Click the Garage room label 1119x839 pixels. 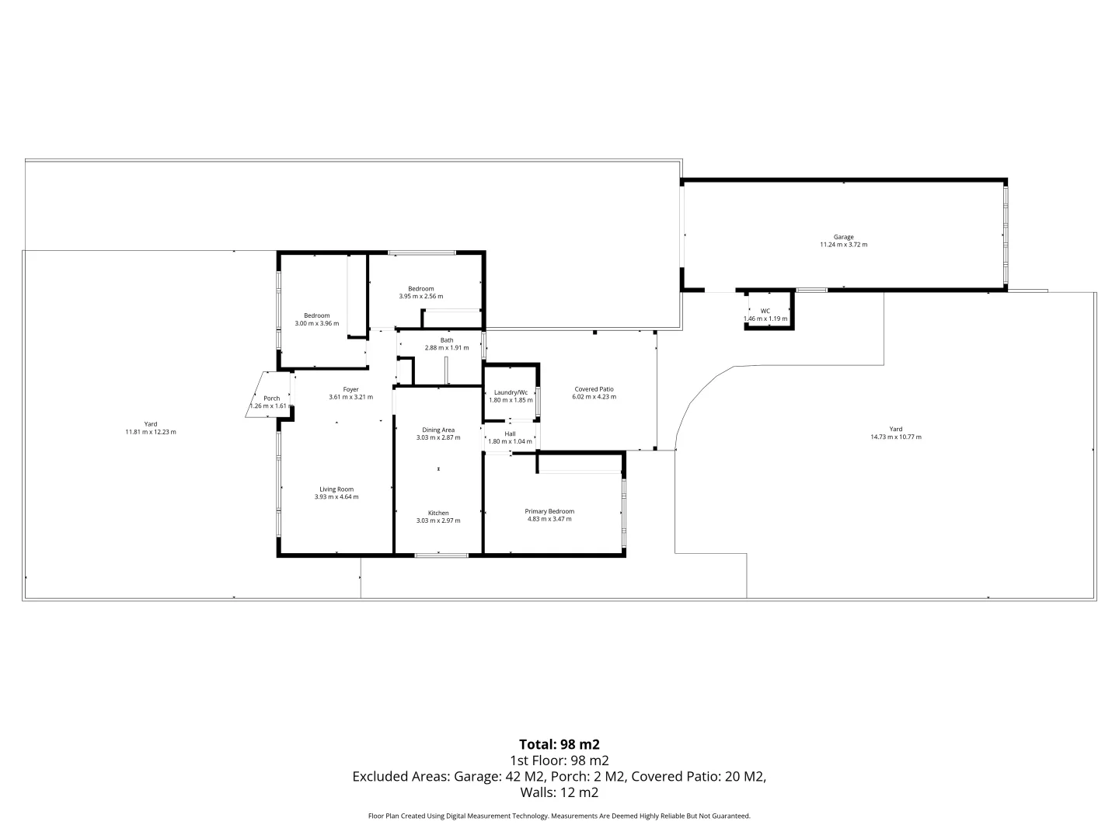[843, 237]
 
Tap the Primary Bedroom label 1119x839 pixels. [549, 511]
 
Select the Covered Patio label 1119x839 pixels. [594, 389]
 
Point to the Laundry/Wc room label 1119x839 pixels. [511, 392]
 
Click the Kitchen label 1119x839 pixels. [438, 513]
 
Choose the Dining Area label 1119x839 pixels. [438, 430]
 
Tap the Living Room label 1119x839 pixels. [336, 489]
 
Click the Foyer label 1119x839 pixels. [350, 389]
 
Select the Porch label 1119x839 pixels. [271, 399]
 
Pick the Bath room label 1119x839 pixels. [447, 340]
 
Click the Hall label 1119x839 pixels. [510, 433]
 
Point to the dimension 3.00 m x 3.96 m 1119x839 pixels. [316, 323]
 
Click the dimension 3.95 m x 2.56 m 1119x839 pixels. [420, 296]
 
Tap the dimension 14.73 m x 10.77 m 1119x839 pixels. [896, 437]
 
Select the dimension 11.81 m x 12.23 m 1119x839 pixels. [151, 432]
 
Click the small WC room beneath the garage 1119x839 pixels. [765, 314]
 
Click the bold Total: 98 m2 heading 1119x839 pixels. [559, 743]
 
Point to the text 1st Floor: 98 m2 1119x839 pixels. [559, 761]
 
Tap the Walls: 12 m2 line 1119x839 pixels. [559, 793]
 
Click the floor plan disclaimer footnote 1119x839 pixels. [559, 816]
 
